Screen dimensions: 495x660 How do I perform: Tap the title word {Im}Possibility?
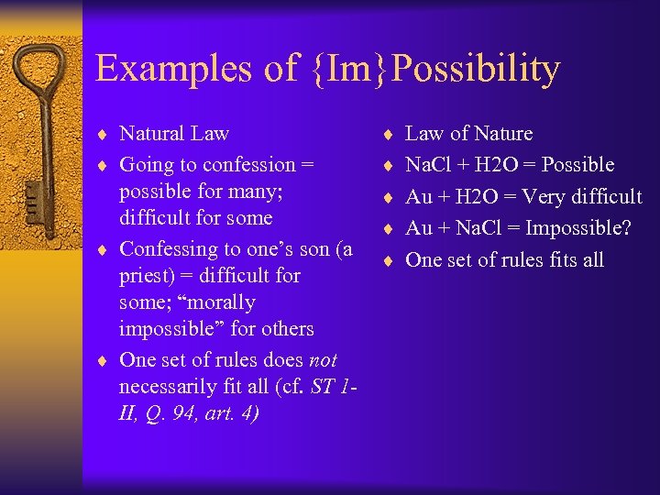coord(435,70)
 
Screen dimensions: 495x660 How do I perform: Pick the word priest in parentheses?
coord(148,276)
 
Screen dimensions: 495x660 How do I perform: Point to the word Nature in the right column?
coord(502,134)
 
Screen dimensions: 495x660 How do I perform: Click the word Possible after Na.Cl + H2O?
coord(577,165)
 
